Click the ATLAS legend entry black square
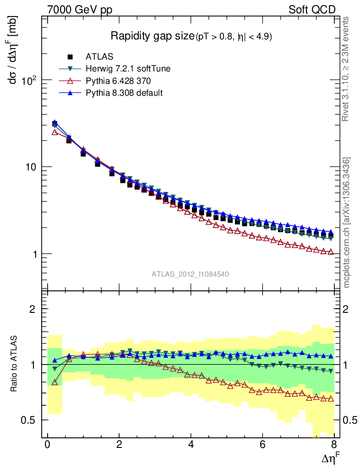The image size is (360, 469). click(x=70, y=57)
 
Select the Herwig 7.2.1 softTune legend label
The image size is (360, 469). click(x=128, y=69)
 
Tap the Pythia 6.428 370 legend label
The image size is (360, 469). click(x=118, y=81)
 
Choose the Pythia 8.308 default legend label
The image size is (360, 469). click(x=124, y=93)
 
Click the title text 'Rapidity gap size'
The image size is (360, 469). click(x=153, y=36)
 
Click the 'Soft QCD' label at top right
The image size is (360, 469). click(x=312, y=10)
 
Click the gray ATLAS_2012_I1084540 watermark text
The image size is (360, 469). click(x=190, y=274)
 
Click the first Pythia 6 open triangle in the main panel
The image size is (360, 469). click(x=55, y=132)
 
